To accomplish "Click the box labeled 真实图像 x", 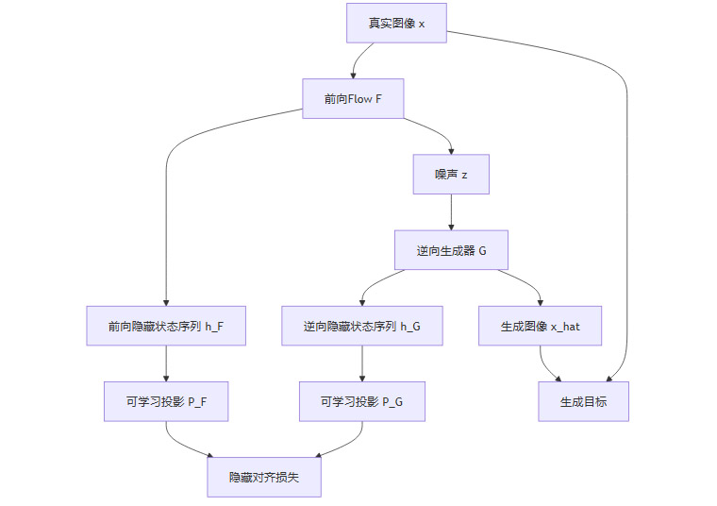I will (396, 23).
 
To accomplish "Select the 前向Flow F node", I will (353, 98).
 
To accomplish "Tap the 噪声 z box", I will (451, 174).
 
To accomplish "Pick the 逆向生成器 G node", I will (451, 250).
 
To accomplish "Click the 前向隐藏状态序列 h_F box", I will (166, 326).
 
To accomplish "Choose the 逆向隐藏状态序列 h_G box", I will (362, 326).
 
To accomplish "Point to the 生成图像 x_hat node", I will (541, 326).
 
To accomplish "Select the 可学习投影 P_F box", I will (166, 401).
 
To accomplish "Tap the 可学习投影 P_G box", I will (362, 401).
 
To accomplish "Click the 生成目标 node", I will (583, 401).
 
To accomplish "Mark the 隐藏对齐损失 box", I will (264, 478).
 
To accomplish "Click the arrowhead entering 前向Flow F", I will (353, 75).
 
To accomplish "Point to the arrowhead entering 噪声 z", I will (451, 150).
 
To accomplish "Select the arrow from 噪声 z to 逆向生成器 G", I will (451, 211).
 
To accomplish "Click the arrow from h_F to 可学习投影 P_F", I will (166, 363).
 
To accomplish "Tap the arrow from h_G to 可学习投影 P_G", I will (362, 363).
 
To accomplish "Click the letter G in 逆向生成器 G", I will (482, 250).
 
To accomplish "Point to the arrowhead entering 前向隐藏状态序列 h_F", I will (166, 301).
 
